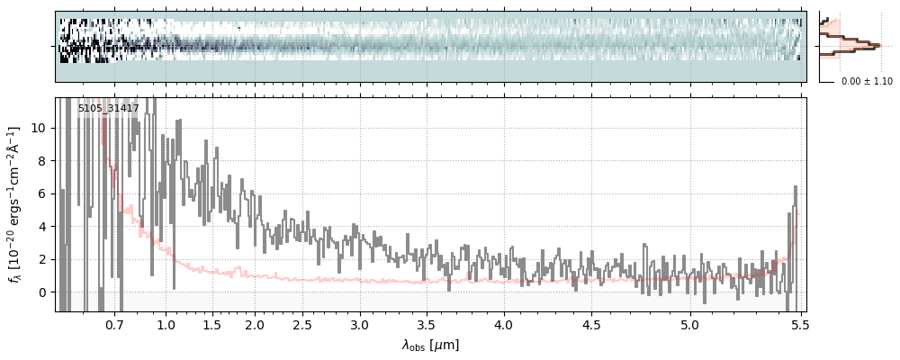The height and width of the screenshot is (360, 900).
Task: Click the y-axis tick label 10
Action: point(38,128)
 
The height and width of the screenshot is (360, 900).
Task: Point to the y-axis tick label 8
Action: point(41,161)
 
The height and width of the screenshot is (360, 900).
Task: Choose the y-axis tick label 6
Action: point(41,193)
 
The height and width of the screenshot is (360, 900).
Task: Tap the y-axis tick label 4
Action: point(41,227)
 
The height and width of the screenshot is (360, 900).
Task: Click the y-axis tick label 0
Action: point(41,292)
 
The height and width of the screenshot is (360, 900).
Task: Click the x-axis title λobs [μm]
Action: point(430,345)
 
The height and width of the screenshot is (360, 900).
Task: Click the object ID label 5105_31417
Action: point(108,109)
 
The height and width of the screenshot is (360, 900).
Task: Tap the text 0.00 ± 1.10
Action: point(867,82)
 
